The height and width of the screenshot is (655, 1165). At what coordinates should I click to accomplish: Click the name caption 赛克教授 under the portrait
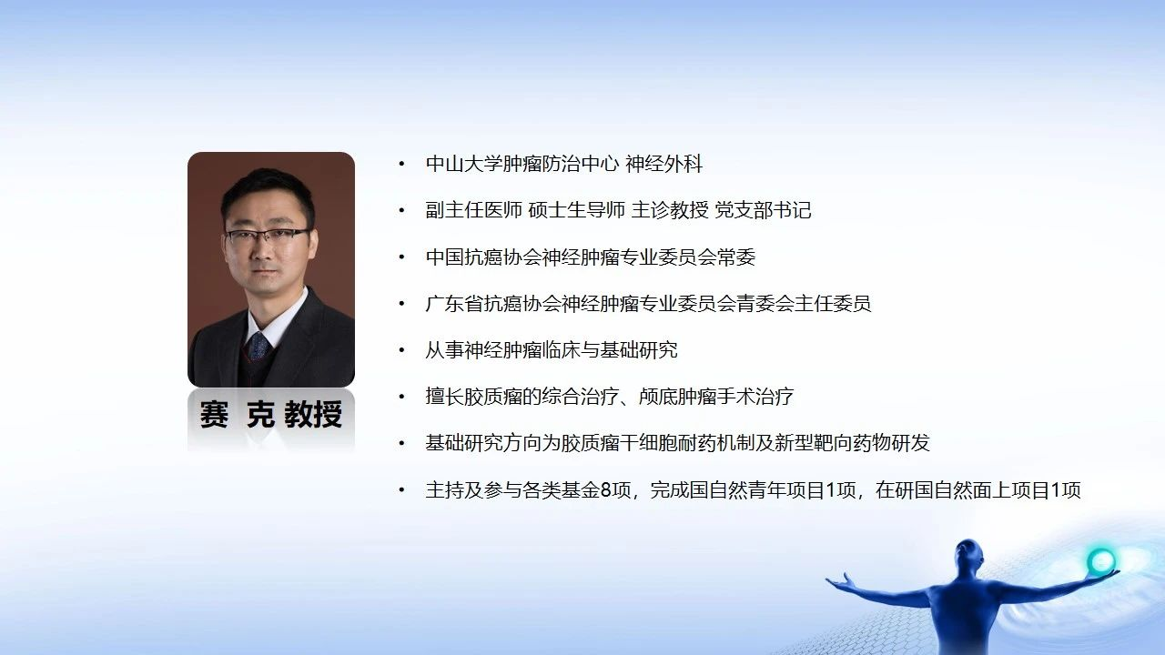[x=271, y=414]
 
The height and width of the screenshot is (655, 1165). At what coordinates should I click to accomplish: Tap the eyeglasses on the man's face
[x=268, y=237]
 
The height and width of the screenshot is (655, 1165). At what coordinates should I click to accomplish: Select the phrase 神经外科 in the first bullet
[x=664, y=165]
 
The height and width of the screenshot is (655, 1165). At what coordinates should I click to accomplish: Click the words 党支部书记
[x=763, y=210]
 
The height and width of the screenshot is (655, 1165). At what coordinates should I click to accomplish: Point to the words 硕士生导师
[x=577, y=210]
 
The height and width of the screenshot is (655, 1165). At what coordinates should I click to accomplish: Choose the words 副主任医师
[x=474, y=210]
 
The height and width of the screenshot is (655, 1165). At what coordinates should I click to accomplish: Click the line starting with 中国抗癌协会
[x=591, y=257]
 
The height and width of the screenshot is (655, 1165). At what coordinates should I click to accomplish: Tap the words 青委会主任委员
[x=804, y=304]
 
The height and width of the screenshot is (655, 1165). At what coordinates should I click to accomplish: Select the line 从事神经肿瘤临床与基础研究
[x=552, y=350]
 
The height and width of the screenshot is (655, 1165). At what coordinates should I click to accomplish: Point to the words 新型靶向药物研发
[x=852, y=443]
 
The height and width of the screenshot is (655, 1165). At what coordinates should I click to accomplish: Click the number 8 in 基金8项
[x=606, y=490]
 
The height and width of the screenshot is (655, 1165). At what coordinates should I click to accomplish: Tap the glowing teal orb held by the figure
[x=1101, y=561]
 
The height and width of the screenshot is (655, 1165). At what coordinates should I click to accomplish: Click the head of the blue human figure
[x=967, y=555]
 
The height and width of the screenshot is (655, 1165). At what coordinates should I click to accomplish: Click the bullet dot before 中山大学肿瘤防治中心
[x=401, y=165]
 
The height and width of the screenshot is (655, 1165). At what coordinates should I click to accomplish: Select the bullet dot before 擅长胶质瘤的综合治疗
[x=401, y=398]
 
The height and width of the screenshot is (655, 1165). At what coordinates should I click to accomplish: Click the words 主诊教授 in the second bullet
[x=670, y=210]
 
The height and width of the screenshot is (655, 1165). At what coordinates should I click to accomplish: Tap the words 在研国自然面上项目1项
[x=978, y=490]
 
